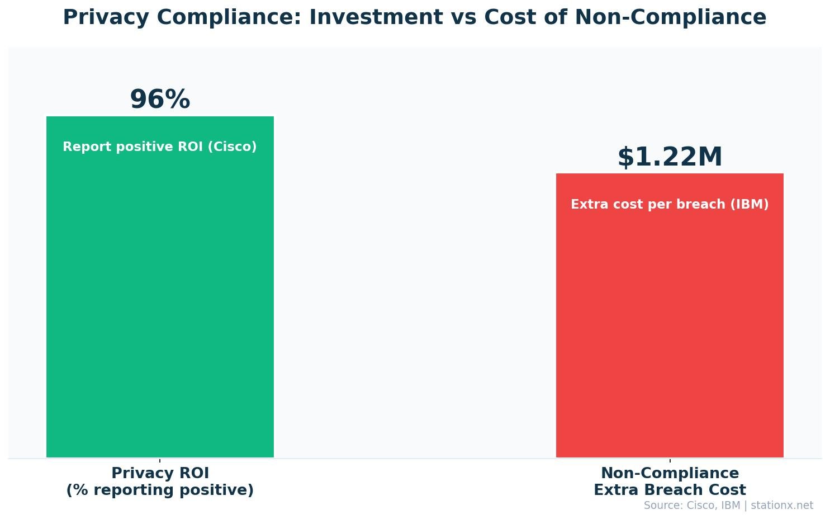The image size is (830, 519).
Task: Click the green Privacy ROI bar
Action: tap(160, 302)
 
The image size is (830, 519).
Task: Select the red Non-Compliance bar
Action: tap(670, 330)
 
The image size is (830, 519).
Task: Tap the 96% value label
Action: tap(160, 100)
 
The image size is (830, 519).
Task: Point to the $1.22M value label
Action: tap(670, 157)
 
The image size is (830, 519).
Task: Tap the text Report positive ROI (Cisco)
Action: tap(160, 147)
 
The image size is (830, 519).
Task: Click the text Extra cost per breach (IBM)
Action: tap(670, 205)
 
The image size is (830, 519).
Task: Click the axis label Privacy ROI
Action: tap(160, 473)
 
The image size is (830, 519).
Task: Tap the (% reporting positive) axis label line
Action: tap(160, 490)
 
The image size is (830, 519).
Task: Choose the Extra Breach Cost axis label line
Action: tap(670, 490)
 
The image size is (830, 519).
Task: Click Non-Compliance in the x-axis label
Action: tap(670, 473)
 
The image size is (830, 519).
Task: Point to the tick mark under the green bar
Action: tap(160, 460)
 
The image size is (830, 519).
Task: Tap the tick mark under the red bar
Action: tap(670, 460)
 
